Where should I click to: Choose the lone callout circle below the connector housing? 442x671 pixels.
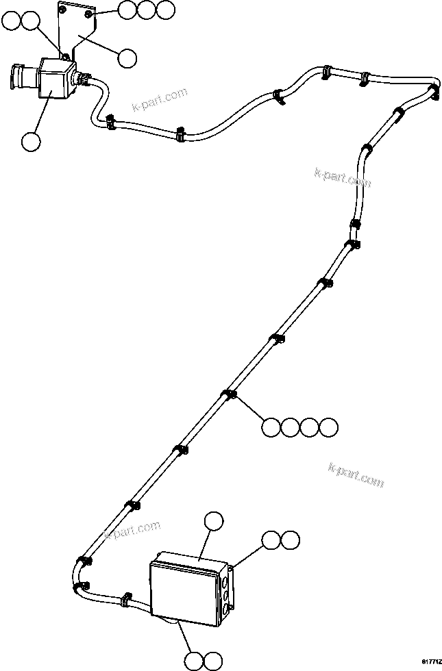pos(31,142)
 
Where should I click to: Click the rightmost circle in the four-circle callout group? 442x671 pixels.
pos(329,427)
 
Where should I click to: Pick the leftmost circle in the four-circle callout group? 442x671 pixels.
pos(271,427)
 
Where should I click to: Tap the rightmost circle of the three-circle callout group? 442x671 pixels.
pos(165,10)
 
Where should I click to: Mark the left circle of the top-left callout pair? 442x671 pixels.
pos(12,22)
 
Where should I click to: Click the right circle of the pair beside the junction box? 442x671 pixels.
pos(290,540)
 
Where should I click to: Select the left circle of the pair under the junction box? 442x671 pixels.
pos(194,661)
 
